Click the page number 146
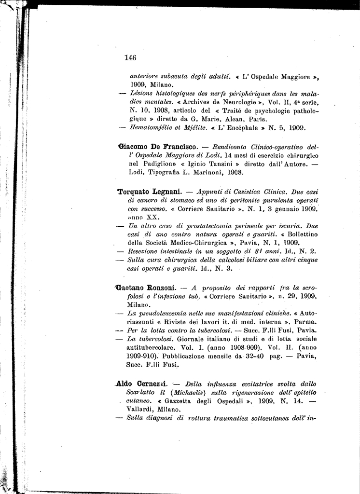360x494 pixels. pyautogui.click(x=130, y=57)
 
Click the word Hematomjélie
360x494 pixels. pyautogui.click(x=150, y=128)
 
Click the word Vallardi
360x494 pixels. pyautogui.click(x=140, y=409)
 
